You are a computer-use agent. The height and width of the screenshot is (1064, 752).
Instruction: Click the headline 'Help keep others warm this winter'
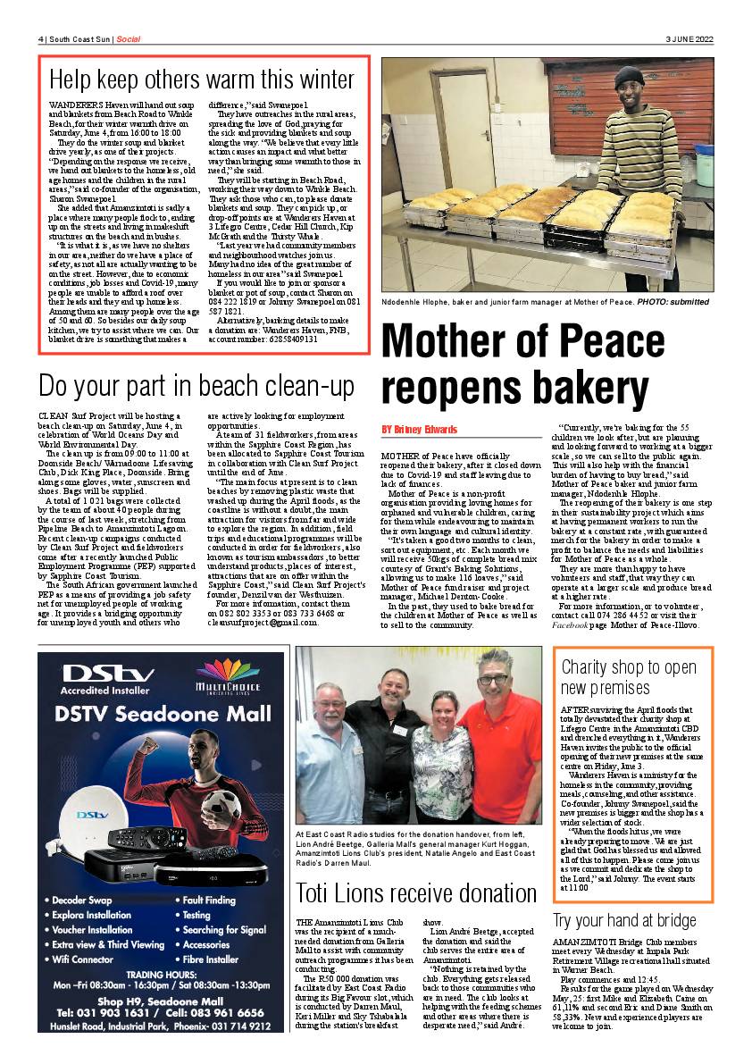coord(202,80)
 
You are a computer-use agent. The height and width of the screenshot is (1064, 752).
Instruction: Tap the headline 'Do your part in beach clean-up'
coord(196,386)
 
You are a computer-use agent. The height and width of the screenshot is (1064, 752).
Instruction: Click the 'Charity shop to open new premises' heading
coord(629,677)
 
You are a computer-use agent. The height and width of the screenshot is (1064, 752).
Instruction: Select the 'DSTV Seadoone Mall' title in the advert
coord(162,714)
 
